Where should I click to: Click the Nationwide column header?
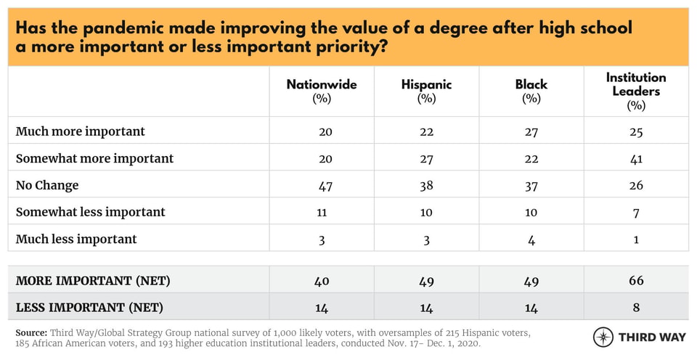(322, 85)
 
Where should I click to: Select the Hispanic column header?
(426, 85)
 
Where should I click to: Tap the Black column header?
(531, 85)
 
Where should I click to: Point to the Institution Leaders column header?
(636, 84)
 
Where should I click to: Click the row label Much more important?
(81, 131)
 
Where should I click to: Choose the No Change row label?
(47, 185)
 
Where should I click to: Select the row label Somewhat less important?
(91, 212)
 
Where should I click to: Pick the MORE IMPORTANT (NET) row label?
(93, 280)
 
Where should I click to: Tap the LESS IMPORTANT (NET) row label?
(89, 307)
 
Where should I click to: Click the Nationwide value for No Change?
(325, 186)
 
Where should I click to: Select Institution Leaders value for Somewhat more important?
(636, 158)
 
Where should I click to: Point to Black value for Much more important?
(531, 131)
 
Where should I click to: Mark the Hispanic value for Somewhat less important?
(426, 212)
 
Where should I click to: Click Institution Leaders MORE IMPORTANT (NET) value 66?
(636, 280)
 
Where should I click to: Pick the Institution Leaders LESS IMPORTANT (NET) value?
(636, 307)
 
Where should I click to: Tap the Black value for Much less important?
(531, 240)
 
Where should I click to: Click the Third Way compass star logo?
(603, 337)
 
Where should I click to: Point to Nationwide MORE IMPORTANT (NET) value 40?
(322, 280)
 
